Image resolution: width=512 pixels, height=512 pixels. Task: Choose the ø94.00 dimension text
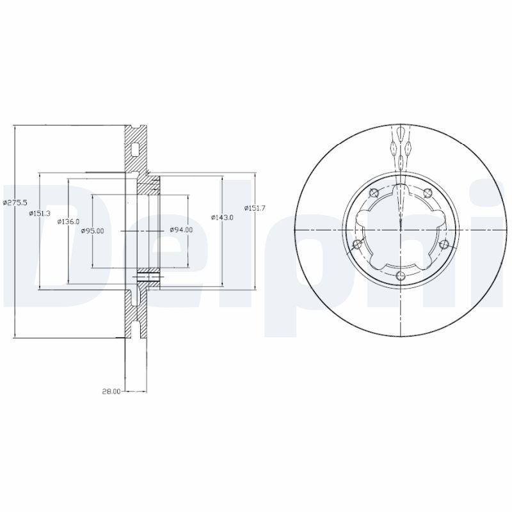181,230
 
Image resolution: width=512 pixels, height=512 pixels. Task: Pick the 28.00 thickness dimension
111,392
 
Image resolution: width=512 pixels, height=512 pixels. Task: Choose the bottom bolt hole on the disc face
401,276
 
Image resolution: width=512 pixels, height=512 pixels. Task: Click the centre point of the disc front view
401,228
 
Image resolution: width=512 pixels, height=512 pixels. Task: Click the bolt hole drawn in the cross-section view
147,277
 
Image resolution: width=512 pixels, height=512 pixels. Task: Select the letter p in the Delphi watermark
320,256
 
